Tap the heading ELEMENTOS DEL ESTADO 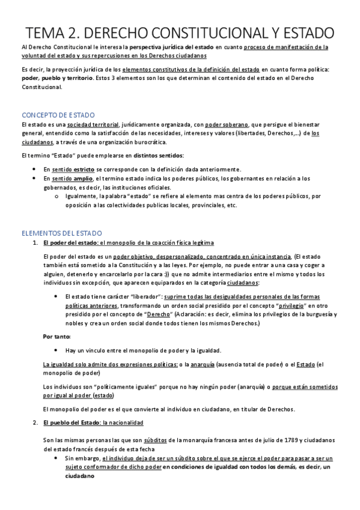pos(61,232)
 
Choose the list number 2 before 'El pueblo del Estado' pos(35,424)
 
